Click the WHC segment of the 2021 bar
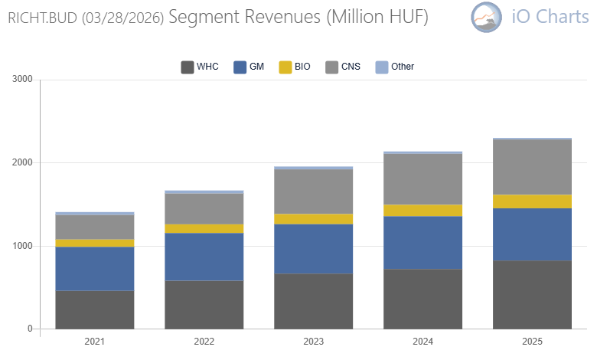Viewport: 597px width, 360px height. (x=94, y=309)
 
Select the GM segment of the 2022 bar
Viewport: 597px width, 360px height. (x=204, y=257)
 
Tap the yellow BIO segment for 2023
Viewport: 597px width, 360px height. (x=313, y=219)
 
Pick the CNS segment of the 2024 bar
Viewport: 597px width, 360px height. (x=422, y=179)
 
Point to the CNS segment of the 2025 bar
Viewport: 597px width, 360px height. (x=532, y=167)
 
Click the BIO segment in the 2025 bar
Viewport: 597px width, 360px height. (x=532, y=201)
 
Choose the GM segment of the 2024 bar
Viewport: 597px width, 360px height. (x=422, y=243)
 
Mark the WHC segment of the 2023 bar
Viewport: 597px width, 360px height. (x=313, y=301)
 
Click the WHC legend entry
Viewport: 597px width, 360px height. (x=200, y=67)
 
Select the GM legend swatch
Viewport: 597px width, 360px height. (x=240, y=67)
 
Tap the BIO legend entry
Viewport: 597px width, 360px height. (x=295, y=67)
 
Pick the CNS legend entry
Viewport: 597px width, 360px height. (x=343, y=67)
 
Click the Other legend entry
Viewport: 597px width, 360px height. (x=395, y=67)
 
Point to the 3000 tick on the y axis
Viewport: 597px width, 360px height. (x=22, y=79)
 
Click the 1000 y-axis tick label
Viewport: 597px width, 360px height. (x=22, y=246)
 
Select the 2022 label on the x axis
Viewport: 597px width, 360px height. (x=204, y=342)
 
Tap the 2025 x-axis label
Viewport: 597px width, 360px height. (x=532, y=342)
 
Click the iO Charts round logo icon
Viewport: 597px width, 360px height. (x=487, y=17)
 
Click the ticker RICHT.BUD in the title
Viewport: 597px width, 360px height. (x=42, y=18)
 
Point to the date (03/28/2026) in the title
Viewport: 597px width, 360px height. (x=122, y=18)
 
